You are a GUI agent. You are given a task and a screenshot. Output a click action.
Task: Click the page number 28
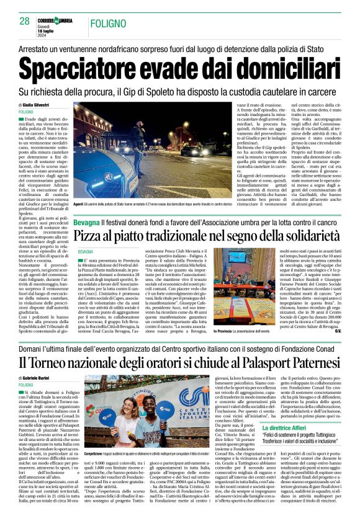pyautogui.click(x=24, y=21)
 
